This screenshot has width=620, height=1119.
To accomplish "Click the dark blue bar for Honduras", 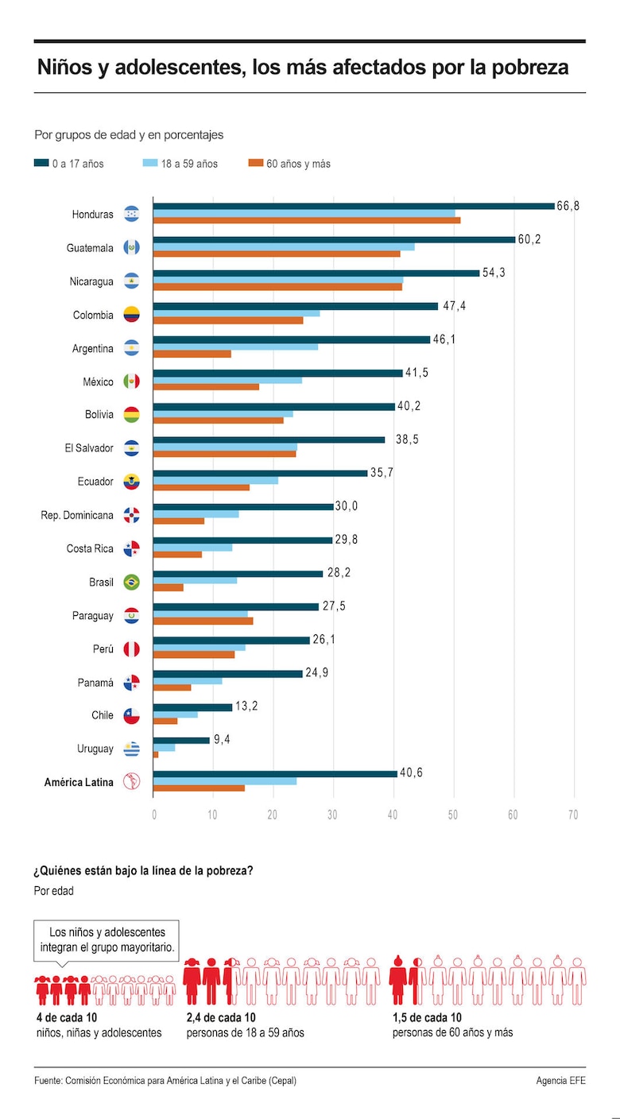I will point(354,206).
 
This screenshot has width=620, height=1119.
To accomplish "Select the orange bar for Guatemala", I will point(277,254).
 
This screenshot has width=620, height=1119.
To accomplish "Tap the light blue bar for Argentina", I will point(235,347).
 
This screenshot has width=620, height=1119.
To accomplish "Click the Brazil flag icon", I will point(131,582).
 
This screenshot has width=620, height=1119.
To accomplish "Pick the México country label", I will point(98,381).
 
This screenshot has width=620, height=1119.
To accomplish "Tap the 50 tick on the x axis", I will point(453,815).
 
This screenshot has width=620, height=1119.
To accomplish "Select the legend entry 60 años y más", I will point(298,164).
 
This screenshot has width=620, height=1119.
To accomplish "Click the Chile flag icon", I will point(131,715).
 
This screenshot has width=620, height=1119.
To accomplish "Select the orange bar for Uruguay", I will point(156,754).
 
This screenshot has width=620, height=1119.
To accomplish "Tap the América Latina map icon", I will point(131,782).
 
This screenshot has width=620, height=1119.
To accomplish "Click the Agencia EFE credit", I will point(560,1081).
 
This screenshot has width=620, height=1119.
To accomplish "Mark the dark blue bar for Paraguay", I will point(236,606).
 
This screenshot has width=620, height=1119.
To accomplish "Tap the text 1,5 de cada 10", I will point(427,1018).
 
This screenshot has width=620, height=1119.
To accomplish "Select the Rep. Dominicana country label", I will point(77,515).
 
